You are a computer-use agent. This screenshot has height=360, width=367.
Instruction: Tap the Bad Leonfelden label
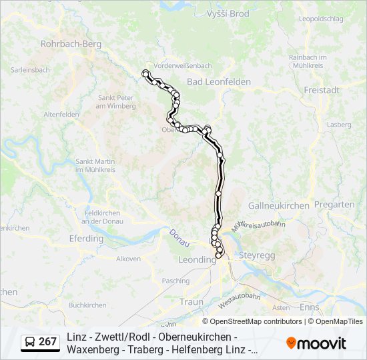pyautogui.click(x=219, y=81)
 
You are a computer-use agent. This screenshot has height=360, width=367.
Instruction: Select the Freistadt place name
pyautogui.click(x=322, y=89)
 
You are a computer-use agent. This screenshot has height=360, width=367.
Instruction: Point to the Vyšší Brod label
pyautogui.click(x=228, y=13)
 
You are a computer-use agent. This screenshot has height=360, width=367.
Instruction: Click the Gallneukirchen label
pyautogui.click(x=278, y=205)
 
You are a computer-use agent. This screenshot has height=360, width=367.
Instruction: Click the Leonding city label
pyautogui.click(x=197, y=259)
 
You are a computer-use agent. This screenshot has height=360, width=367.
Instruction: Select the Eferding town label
pyautogui.click(x=86, y=238)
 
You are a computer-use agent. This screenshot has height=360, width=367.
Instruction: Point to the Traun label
pyautogui.click(x=191, y=302)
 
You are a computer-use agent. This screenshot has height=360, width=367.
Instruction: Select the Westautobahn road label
pyautogui.click(x=239, y=299)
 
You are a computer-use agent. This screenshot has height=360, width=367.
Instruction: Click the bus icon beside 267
pyautogui.click(x=30, y=342)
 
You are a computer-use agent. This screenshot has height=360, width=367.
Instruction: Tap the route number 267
pyautogui.click(x=48, y=342)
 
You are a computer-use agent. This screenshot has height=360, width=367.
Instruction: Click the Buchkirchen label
pyautogui.click(x=87, y=305)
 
